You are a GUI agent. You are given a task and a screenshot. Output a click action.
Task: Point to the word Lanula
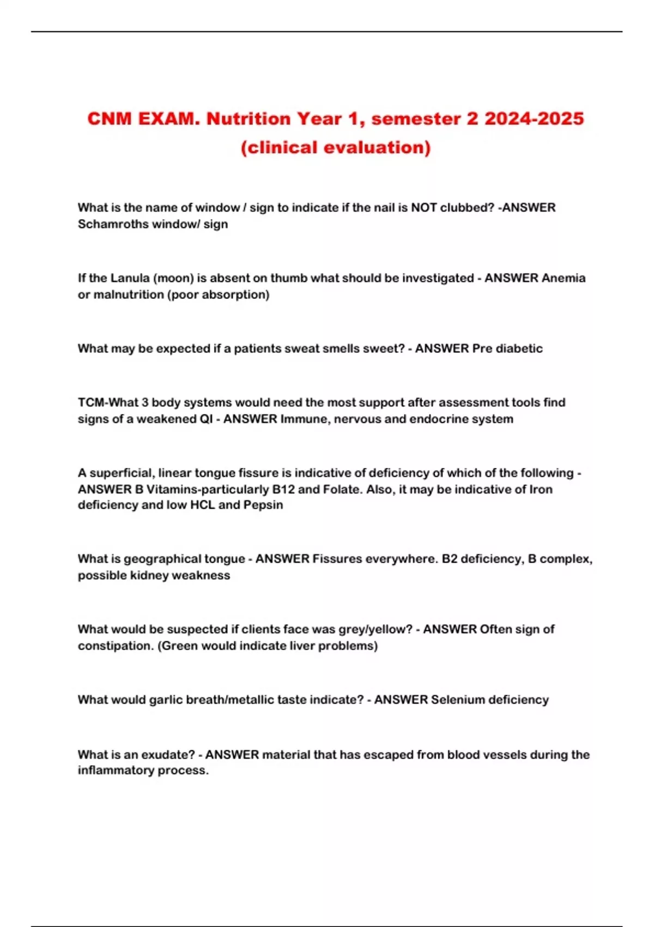point(130,278)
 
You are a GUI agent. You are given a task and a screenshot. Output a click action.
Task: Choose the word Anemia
point(564,278)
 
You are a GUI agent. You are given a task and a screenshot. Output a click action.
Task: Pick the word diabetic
point(519,348)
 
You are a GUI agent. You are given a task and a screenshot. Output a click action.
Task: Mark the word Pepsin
point(263,505)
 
